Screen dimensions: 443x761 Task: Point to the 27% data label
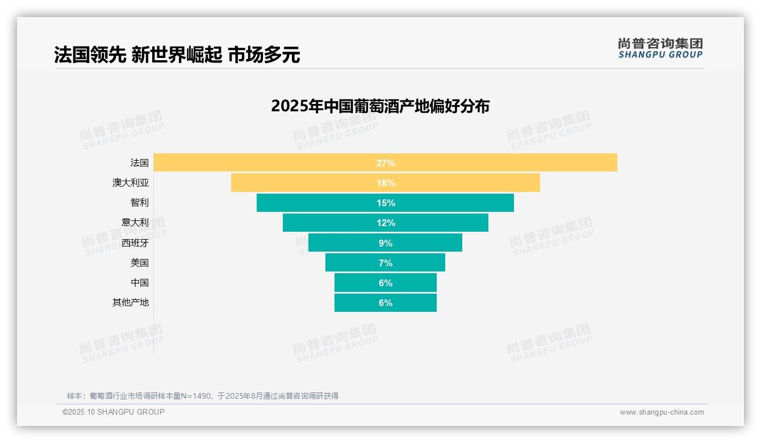386,163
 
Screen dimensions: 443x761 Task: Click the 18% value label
386,183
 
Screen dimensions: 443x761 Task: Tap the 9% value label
386,243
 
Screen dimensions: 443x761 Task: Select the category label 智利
139,203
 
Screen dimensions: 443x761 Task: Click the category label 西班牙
135,243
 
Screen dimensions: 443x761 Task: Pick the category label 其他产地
130,303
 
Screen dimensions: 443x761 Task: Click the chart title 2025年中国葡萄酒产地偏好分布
380,106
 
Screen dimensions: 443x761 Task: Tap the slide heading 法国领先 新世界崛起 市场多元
177,55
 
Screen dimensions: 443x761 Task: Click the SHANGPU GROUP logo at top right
660,48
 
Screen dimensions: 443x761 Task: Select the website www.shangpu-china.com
662,412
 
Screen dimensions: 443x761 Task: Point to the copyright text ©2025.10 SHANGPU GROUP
113,412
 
